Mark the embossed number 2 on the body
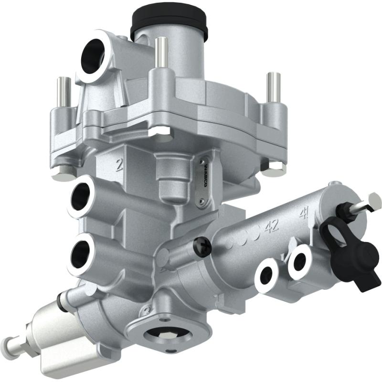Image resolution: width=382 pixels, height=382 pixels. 119,165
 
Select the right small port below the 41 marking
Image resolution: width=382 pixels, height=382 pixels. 300,261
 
